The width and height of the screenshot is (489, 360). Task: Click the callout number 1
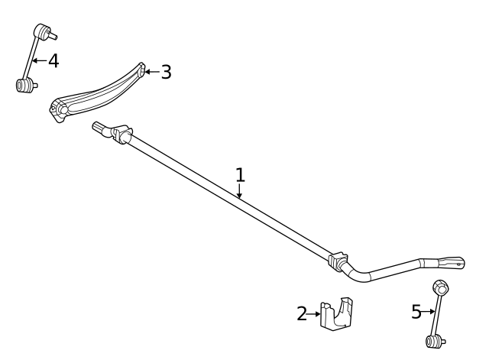click(240, 174)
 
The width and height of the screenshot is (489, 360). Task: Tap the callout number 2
click(303, 312)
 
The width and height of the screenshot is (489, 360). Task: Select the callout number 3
click(166, 73)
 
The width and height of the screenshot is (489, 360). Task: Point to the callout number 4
click(53, 60)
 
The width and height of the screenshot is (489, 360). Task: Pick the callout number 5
click(416, 311)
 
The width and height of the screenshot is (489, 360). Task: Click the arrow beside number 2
click(314, 313)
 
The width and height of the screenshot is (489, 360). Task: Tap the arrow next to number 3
click(151, 73)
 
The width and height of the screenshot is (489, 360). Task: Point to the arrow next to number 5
click(429, 311)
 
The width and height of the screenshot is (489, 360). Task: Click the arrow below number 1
click(240, 192)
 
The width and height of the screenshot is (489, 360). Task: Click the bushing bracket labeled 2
click(338, 314)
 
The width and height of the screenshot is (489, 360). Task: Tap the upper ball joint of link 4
click(43, 31)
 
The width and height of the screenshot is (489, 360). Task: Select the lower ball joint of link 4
click(24, 84)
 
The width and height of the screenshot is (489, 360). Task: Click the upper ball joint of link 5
click(441, 288)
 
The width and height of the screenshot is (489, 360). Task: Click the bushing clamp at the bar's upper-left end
click(122, 135)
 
